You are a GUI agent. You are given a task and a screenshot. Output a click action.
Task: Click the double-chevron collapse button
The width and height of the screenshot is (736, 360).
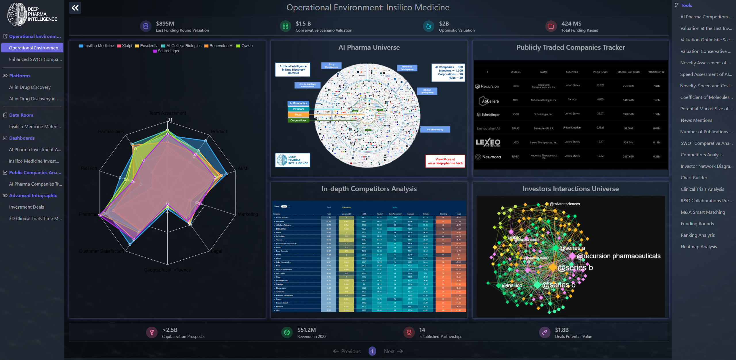[x=75, y=8]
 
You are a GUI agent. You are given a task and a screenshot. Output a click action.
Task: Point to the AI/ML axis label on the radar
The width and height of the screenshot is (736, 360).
[x=244, y=168]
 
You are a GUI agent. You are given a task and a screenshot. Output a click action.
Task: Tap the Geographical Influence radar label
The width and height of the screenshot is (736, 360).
[x=167, y=270]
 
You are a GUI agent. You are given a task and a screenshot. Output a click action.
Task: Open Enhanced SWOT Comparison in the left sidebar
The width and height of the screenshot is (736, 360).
[x=35, y=59]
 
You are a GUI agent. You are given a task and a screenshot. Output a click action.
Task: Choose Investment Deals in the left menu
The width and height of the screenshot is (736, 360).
[x=26, y=207]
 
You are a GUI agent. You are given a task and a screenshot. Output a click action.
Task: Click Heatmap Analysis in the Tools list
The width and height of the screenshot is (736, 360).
[x=699, y=247]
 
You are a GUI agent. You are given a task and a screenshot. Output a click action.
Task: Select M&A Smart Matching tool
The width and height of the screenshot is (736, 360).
[x=703, y=212]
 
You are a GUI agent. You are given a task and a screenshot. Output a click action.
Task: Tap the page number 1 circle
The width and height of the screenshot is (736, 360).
[x=372, y=351]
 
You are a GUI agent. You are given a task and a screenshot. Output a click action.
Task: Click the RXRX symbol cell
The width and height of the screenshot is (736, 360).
[x=515, y=86]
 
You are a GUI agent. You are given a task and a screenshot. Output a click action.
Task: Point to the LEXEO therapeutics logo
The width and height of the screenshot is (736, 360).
[x=488, y=143]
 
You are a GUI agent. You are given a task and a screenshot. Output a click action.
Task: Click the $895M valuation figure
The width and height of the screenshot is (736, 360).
[x=165, y=24]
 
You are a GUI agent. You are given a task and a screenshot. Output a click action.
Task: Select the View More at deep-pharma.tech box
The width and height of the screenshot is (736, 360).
[x=445, y=161]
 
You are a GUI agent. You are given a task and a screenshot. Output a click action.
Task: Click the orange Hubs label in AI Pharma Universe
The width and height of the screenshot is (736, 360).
[x=298, y=115]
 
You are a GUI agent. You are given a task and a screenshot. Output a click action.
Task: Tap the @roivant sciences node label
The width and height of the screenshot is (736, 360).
[x=564, y=204]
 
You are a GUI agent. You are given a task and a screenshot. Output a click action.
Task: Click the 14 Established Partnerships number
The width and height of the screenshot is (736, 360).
[x=422, y=330]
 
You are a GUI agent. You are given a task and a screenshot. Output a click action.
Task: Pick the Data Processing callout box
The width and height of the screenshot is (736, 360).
[x=435, y=130]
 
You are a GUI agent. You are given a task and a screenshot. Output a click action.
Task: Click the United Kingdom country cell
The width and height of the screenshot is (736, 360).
[x=572, y=128]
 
